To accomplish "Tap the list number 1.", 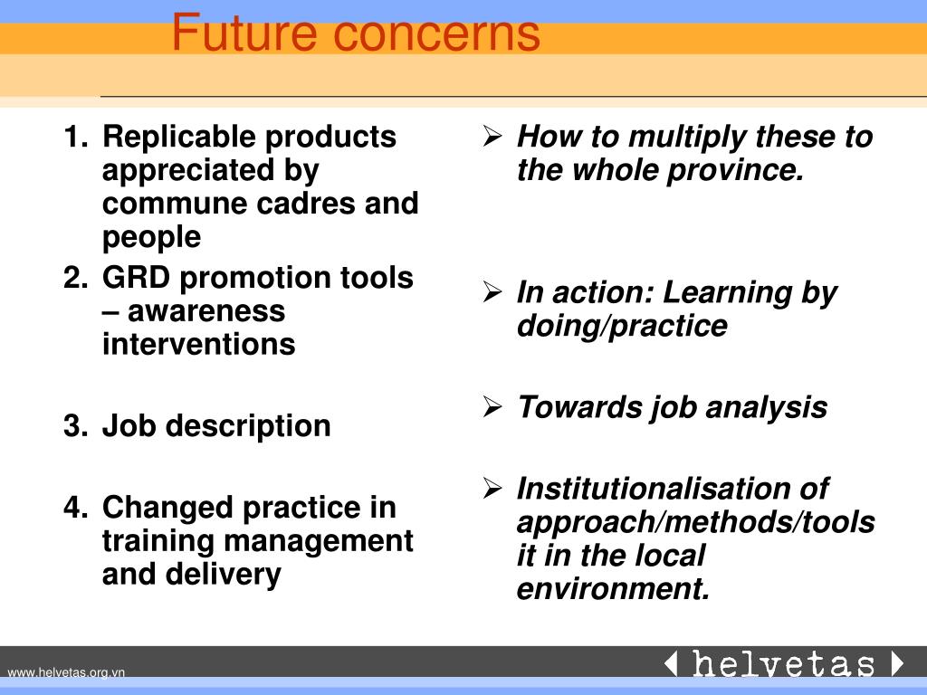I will point(74,138).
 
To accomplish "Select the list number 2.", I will point(74,279).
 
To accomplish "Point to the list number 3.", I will point(74,426).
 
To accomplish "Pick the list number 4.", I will point(74,508).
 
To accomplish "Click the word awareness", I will point(205,311).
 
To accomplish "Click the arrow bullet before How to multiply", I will point(492,138).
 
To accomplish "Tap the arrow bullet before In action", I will point(492,293).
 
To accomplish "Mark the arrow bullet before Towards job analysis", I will point(492,408).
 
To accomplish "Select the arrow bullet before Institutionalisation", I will point(492,490).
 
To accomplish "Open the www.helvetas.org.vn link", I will point(66,671).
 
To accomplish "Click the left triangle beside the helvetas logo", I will point(671,664).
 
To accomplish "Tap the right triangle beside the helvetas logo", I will point(896,664).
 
